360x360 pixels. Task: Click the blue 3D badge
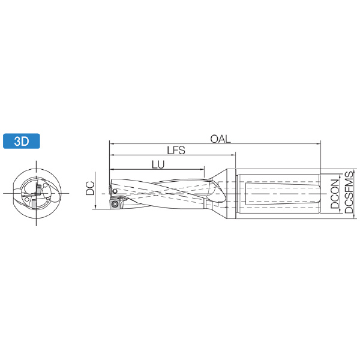22,141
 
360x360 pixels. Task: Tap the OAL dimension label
220,139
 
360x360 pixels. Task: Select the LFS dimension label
176,151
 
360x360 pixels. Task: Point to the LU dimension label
158,164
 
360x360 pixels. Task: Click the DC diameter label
90,188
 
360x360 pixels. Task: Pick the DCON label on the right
335,194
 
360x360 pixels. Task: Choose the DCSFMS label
349,192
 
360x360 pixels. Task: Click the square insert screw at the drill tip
114,204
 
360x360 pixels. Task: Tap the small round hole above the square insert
115,191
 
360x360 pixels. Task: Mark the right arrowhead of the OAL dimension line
319,144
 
